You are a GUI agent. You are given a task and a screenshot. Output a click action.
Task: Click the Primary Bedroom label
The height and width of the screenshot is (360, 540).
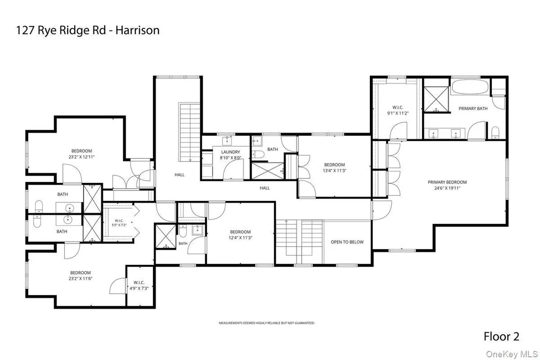point(447,182)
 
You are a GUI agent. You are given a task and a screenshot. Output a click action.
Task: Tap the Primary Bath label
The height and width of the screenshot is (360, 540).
point(473,108)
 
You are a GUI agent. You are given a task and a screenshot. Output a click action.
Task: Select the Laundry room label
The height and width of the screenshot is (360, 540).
point(231,152)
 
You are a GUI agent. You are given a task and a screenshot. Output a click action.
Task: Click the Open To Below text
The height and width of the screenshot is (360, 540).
point(347,242)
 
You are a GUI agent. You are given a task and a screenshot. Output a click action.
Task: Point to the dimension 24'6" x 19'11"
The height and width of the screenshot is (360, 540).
point(447,188)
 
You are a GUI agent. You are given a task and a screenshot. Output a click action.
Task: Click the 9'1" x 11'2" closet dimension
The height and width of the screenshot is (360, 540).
point(398,113)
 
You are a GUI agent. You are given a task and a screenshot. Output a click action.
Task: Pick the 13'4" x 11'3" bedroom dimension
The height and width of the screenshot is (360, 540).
point(334,170)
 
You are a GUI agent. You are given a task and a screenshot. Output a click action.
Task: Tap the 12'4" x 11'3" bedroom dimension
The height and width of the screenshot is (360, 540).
point(240,238)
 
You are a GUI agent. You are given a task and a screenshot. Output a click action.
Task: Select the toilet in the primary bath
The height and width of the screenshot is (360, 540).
point(495,132)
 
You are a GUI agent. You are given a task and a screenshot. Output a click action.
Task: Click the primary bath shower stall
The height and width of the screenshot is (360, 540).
point(436,100)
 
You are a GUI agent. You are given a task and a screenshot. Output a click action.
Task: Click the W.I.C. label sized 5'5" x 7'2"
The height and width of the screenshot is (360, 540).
point(119,220)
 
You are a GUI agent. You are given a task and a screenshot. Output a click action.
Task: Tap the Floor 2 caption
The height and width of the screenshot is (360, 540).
point(501,336)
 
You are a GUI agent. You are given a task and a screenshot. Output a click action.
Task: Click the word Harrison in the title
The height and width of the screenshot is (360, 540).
point(137,30)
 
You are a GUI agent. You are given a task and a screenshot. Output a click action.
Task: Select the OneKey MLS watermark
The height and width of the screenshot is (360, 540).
point(512,354)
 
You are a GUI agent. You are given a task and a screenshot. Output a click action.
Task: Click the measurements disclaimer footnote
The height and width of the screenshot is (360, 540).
point(267,323)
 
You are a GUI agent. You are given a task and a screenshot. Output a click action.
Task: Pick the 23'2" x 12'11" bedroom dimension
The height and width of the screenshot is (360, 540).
point(81,157)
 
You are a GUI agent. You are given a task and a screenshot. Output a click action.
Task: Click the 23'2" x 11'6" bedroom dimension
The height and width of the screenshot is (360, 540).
point(80,279)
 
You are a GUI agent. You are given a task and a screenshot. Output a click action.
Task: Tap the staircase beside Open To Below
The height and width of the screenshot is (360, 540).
point(300,242)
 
